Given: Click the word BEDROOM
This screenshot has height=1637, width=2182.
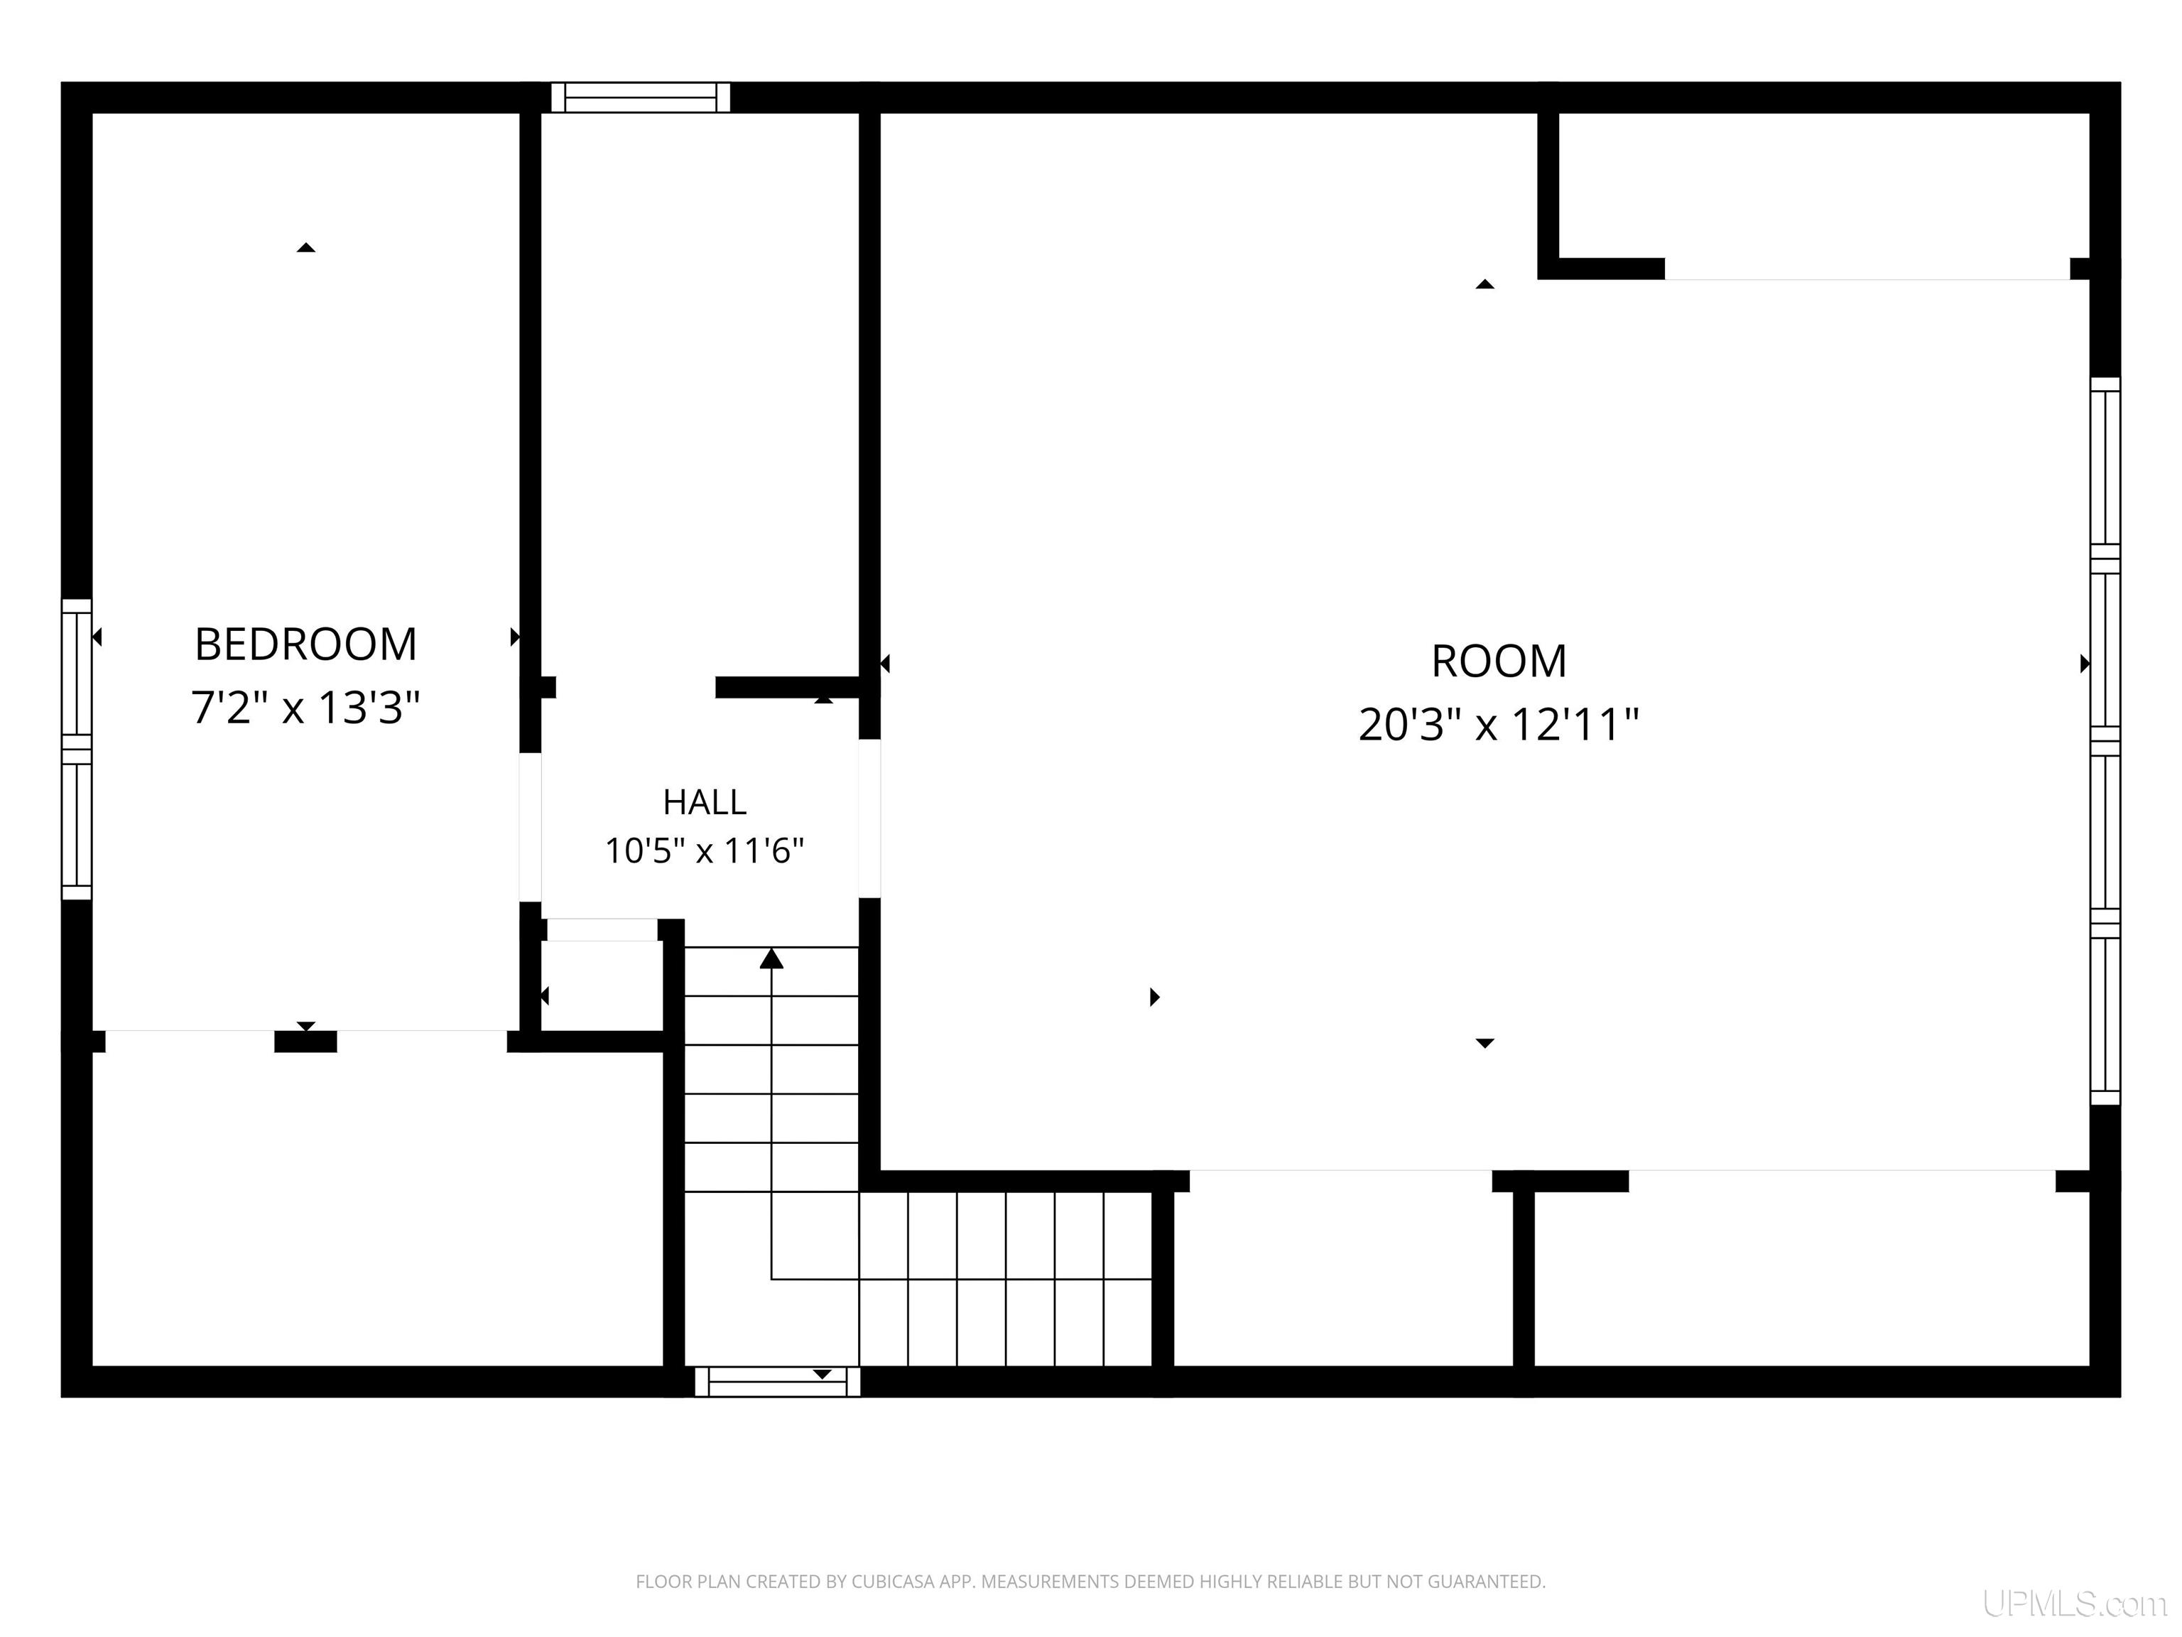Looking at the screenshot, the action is coord(306,644).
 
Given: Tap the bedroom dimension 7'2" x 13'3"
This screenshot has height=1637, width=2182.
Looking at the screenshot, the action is coord(306,708).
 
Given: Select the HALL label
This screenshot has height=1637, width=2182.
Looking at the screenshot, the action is coord(705,802).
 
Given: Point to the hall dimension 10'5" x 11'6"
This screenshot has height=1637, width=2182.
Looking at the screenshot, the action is coord(705,850).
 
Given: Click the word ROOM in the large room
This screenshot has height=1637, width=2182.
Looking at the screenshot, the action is coord(1499,661).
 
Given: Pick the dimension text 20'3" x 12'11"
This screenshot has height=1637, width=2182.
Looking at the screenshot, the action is coord(1499,724).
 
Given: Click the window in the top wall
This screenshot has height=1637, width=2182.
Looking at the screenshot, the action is coord(640,97).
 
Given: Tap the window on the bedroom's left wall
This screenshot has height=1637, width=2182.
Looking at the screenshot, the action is coord(77,749).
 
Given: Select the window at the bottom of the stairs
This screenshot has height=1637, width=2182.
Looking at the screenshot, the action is coord(777,1381).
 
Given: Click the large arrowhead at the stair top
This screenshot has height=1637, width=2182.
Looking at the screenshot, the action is coord(771,957).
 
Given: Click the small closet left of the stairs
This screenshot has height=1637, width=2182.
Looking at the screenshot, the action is coord(601,985).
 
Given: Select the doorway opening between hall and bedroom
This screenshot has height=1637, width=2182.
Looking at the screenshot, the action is coord(531,827).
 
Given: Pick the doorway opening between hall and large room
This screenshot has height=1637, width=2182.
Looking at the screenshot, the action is coord(869,818).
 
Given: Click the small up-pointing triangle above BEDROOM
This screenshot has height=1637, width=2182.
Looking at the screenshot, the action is coord(306,248).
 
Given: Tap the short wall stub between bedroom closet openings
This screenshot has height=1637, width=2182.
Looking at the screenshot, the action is coord(306,1041).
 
